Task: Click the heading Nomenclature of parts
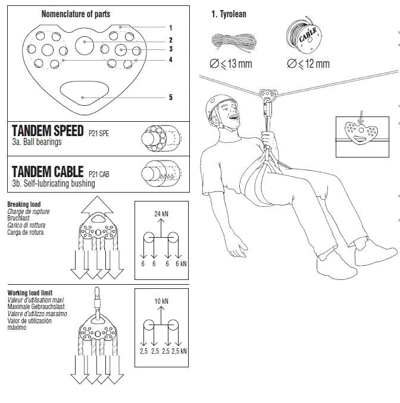[76, 14]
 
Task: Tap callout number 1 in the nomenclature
[170, 27]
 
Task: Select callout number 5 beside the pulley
[170, 97]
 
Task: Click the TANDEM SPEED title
[48, 131]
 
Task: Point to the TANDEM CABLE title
[48, 172]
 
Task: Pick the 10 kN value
[161, 301]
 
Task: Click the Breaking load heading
[24, 204]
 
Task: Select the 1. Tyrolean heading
[229, 14]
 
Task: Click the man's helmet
[218, 105]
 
